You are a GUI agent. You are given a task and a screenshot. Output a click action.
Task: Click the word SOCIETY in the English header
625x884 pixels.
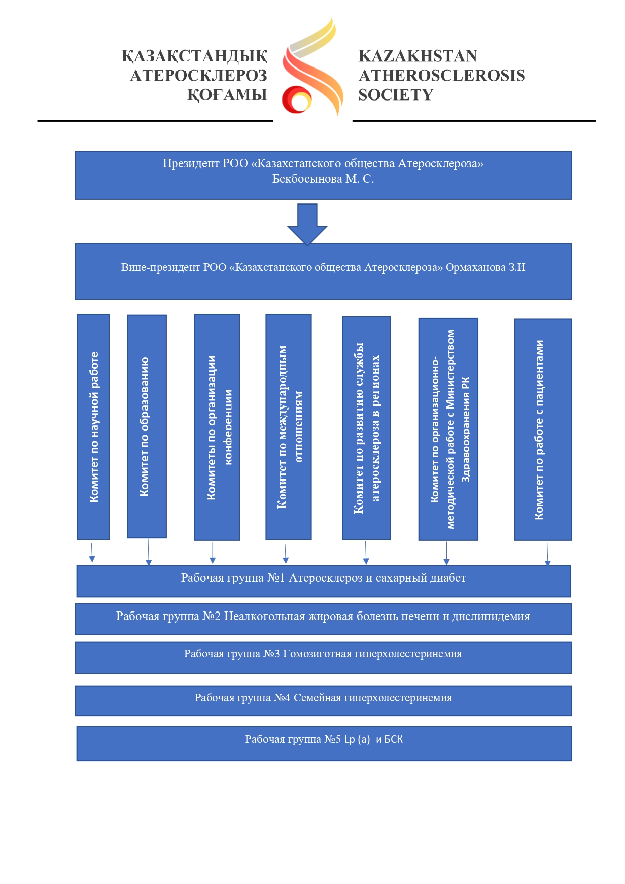(x=395, y=95)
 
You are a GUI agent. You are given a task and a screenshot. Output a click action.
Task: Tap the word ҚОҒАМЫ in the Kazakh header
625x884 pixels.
(x=227, y=95)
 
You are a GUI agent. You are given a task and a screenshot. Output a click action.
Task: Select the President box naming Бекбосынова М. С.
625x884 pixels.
(x=323, y=175)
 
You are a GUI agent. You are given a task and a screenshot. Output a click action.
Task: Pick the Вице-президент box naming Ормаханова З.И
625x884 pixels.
(x=323, y=271)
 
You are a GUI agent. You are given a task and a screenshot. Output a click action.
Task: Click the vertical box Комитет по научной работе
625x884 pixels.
(x=93, y=427)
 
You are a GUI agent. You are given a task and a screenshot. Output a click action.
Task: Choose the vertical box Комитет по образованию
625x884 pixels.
(x=147, y=427)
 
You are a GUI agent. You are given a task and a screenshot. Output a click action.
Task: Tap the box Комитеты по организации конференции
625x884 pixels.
(x=217, y=427)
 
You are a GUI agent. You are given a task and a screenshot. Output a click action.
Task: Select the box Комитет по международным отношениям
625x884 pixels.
(x=288, y=427)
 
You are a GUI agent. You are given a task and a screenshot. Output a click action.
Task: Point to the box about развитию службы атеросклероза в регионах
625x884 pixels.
(x=366, y=428)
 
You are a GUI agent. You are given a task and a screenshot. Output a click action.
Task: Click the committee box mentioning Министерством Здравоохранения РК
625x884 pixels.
(x=448, y=429)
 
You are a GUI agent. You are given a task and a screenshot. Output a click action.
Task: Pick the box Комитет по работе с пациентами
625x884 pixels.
(x=543, y=430)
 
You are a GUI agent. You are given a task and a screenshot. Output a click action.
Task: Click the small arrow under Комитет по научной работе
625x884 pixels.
(x=92, y=553)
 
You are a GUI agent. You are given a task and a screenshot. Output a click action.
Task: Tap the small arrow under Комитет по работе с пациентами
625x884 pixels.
(x=547, y=554)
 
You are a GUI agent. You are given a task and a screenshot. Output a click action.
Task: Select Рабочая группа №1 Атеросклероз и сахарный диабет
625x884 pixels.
(x=323, y=581)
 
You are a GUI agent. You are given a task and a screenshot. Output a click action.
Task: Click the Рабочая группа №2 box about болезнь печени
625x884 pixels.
(x=323, y=619)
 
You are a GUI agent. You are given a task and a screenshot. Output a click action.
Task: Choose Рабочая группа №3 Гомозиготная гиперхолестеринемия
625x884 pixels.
(x=323, y=657)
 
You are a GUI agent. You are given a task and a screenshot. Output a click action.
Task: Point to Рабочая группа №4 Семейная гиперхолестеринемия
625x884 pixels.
(x=323, y=701)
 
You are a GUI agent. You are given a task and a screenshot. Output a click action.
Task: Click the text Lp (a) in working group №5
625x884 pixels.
(x=357, y=739)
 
